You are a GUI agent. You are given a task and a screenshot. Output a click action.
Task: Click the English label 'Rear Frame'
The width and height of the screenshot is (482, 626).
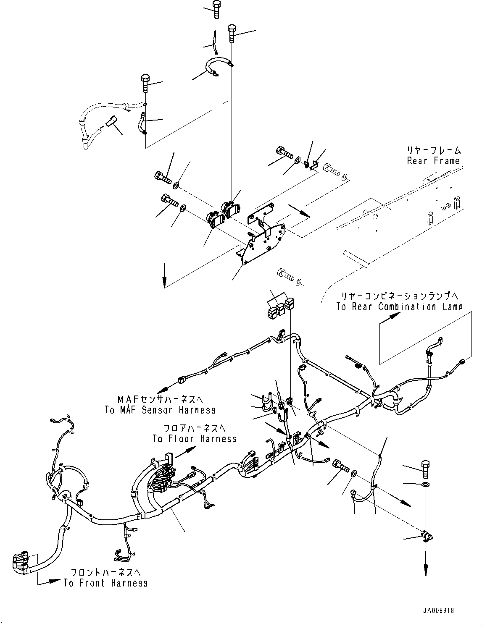(433, 161)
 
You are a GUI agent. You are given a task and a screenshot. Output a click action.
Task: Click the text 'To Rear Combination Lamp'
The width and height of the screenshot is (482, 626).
(399, 306)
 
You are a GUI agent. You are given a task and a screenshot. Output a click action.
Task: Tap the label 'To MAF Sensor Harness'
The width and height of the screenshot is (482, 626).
(160, 410)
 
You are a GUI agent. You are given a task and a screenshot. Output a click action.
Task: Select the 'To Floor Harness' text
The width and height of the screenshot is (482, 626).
(195, 439)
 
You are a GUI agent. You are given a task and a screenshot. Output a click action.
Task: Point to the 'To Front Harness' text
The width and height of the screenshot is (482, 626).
(105, 583)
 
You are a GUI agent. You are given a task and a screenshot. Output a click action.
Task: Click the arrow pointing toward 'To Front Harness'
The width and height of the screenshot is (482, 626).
(52, 581)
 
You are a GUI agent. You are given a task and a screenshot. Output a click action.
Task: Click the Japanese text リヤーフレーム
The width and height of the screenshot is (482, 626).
(433, 150)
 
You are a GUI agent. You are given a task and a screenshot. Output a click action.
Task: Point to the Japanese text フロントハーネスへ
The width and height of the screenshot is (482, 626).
(105, 572)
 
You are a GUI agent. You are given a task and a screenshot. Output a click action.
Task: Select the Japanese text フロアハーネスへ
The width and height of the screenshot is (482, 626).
(195, 428)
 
